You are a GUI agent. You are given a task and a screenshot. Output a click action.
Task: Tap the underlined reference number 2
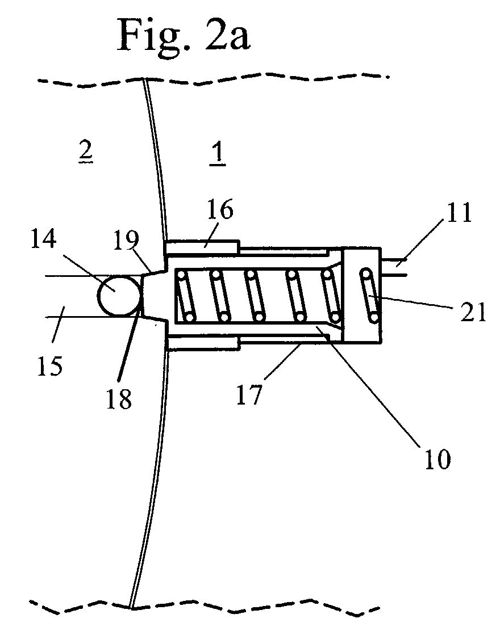(85, 152)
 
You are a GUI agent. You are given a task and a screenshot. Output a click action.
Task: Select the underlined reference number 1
(218, 155)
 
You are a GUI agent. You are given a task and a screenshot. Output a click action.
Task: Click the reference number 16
(220, 209)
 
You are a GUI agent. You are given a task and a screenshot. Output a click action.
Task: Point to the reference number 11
(459, 212)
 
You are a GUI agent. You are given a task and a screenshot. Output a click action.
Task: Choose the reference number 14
(44, 239)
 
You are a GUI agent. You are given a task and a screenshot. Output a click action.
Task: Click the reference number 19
(126, 240)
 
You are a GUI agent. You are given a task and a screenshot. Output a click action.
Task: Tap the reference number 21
(473, 312)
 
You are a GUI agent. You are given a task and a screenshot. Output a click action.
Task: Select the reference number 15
(49, 365)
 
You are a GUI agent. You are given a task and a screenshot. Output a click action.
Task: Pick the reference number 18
(119, 399)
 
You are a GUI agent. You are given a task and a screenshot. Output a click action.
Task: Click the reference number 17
(249, 394)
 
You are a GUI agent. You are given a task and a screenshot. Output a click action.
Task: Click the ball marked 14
(120, 295)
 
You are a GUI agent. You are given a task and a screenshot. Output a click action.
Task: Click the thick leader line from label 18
(130, 346)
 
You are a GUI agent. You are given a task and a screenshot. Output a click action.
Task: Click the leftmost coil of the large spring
(185, 296)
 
